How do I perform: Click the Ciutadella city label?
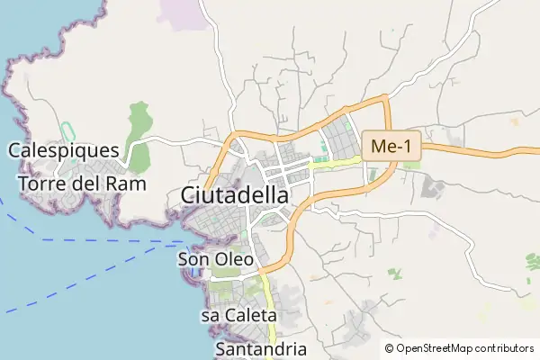coord(235,194)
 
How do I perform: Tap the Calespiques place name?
coord(64,150)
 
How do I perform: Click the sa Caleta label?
coord(238,316)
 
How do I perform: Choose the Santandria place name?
coord(262,348)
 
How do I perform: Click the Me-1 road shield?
coord(391,146)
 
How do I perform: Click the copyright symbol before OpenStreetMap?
coord(390,348)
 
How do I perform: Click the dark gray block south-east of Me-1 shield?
coord(434,188)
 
